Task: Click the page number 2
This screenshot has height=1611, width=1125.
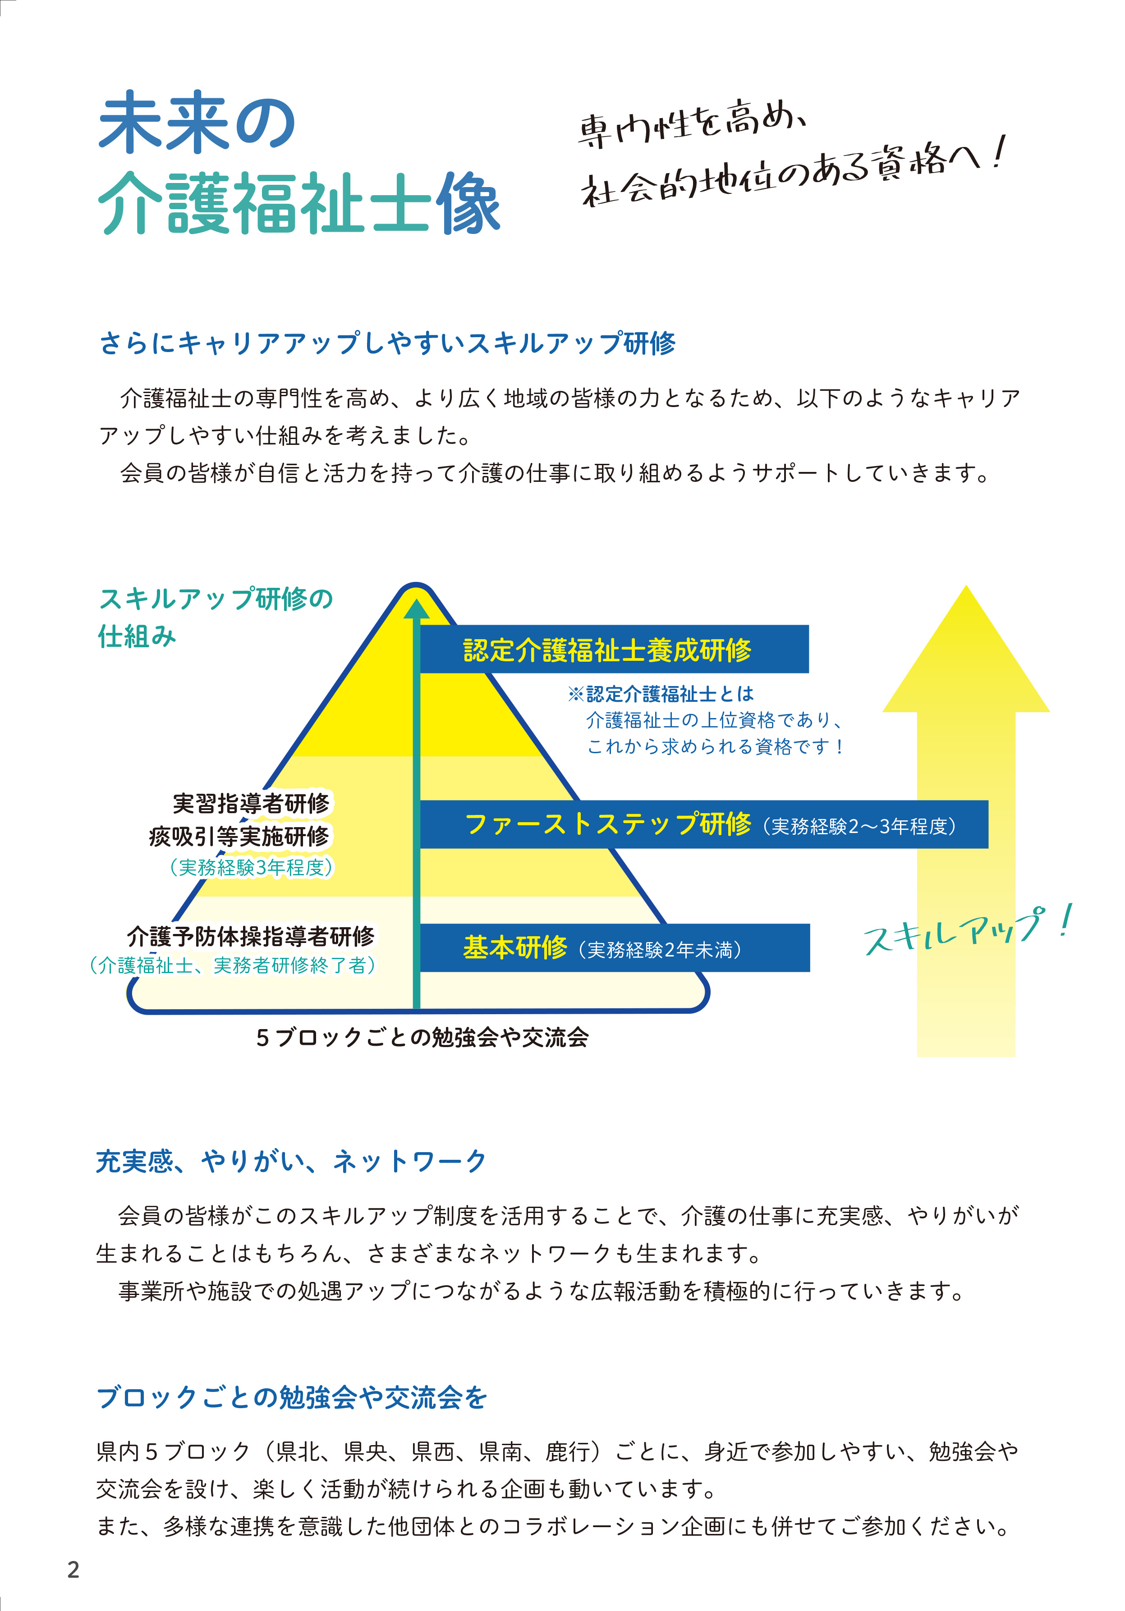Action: point(73,1570)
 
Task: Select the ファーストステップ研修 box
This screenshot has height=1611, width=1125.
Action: point(704,824)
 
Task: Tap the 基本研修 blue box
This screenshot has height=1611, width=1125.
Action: point(615,948)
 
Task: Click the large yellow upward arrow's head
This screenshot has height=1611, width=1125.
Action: point(966,649)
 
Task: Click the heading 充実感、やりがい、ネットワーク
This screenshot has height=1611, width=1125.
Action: point(291,1161)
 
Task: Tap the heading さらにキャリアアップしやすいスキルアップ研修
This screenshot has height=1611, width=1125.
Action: point(387,343)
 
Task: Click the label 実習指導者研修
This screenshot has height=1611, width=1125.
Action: point(251,803)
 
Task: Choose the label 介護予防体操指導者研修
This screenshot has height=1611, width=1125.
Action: point(251,936)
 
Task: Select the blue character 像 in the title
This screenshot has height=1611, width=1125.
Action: point(468,203)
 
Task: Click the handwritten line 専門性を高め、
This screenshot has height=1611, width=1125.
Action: point(691,124)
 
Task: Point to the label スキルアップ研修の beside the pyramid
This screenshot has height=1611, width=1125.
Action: point(216,599)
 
